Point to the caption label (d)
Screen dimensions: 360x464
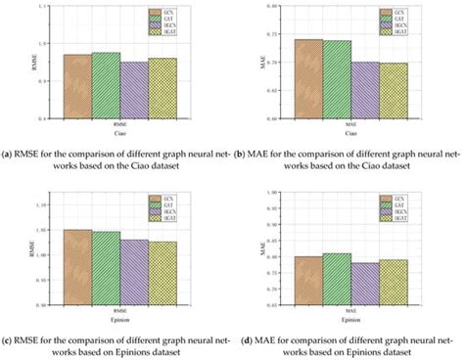point(249,339)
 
